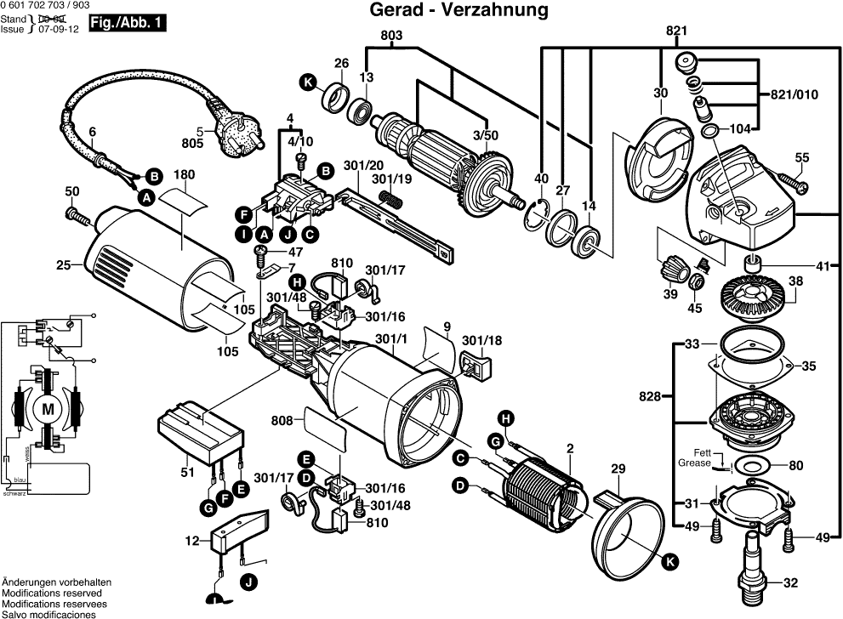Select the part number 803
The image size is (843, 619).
click(391, 35)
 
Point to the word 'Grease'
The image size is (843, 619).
click(694, 464)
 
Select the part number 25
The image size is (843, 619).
click(62, 265)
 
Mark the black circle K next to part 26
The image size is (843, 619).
click(306, 82)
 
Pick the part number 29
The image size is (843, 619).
click(618, 469)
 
